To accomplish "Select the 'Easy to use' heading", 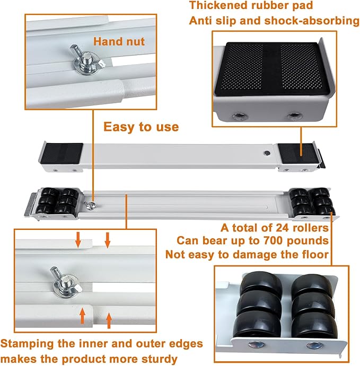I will coord(141,127).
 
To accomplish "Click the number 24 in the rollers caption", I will coord(275,228).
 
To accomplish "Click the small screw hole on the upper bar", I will coord(266,153).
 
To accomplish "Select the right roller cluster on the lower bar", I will coord(312,201).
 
